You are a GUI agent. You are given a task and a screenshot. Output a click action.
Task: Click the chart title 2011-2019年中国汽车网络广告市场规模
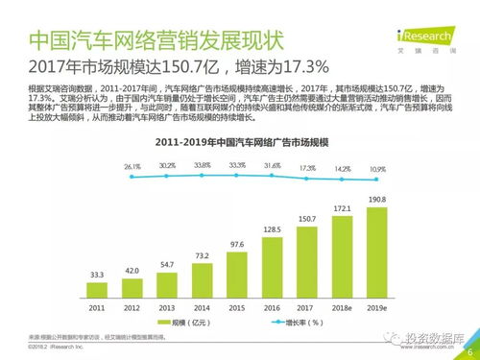point(231,142)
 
